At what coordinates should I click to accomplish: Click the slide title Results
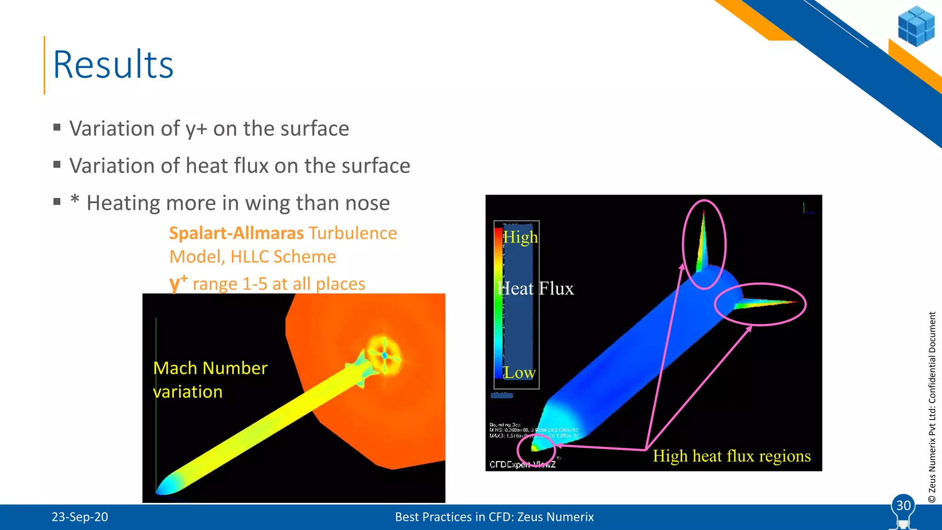[113, 65]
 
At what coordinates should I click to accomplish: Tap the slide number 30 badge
[903, 506]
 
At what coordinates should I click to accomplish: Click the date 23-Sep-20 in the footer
[80, 517]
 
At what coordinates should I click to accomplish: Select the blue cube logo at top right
[916, 26]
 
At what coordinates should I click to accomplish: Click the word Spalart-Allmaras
[236, 233]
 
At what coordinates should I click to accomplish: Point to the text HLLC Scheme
[283, 257]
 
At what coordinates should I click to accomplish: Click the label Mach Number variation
[210, 380]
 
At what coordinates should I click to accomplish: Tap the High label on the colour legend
[520, 237]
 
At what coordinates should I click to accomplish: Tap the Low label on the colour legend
[520, 373]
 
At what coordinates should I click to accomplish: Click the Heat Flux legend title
[535, 289]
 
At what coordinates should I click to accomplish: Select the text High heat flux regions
[731, 456]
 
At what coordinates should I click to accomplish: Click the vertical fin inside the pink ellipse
[702, 244]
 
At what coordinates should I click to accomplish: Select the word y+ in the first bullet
[196, 129]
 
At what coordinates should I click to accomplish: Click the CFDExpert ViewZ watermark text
[522, 465]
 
